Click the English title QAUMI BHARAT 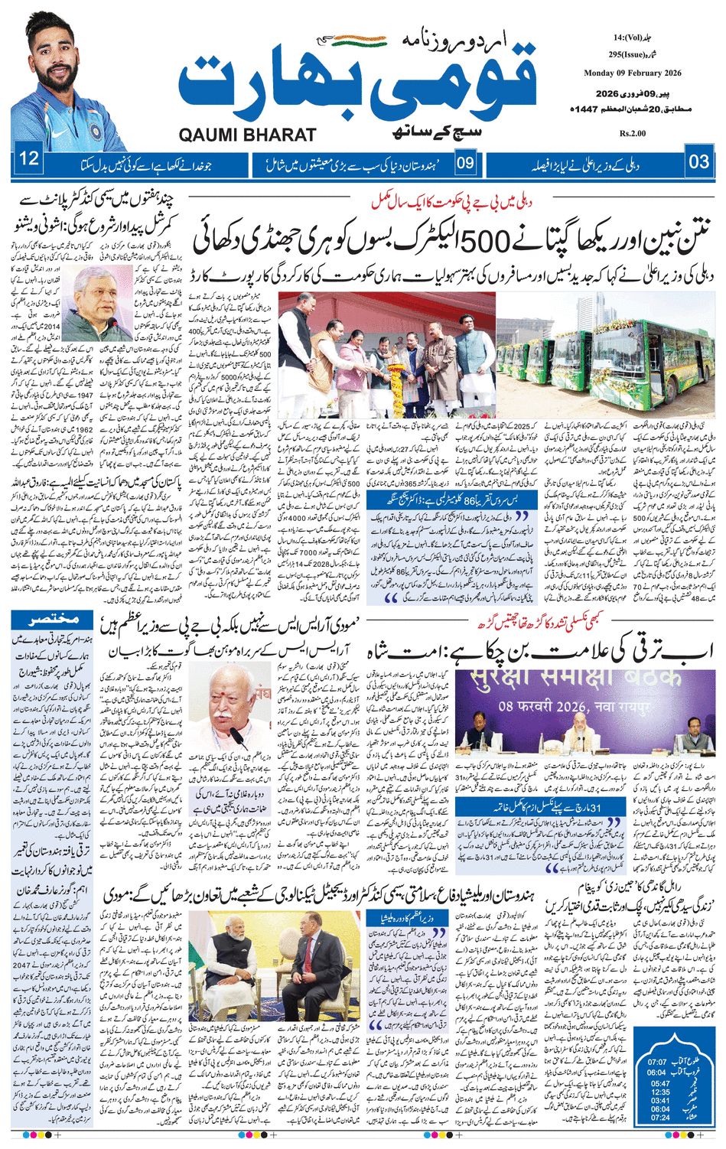tap(247, 135)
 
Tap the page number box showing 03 tap(698, 161)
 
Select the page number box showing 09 tap(465, 162)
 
